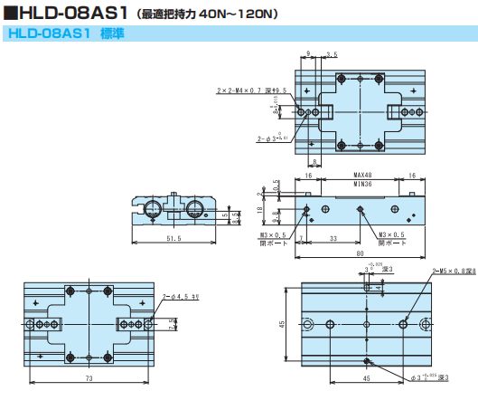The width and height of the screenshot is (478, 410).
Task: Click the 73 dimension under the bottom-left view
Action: tap(89, 377)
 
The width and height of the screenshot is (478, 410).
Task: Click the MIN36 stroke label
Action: tap(361, 183)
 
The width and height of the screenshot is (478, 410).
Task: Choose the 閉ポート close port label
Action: tap(391, 243)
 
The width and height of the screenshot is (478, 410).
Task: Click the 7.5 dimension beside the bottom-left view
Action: tap(173, 320)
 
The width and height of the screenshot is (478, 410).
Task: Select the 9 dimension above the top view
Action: tap(308, 54)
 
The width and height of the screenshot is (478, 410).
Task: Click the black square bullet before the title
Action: tap(9, 14)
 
